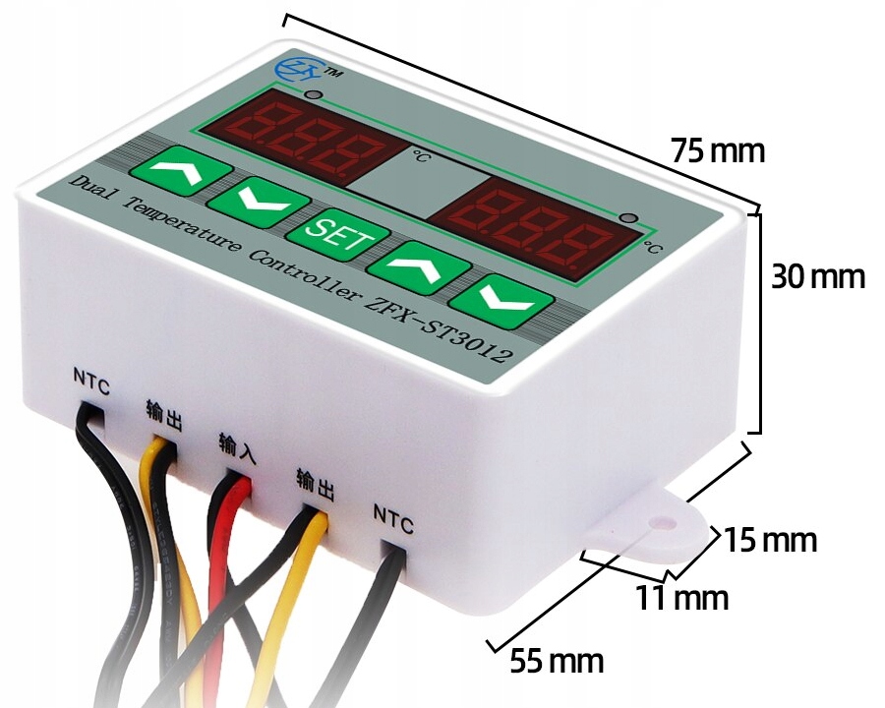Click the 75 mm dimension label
point(717,151)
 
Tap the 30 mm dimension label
point(817,277)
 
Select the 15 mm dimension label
point(771,540)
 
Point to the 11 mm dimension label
point(681,597)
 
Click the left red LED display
point(304,137)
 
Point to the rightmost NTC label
point(393,513)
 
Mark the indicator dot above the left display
point(313,95)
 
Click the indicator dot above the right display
point(629,217)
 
